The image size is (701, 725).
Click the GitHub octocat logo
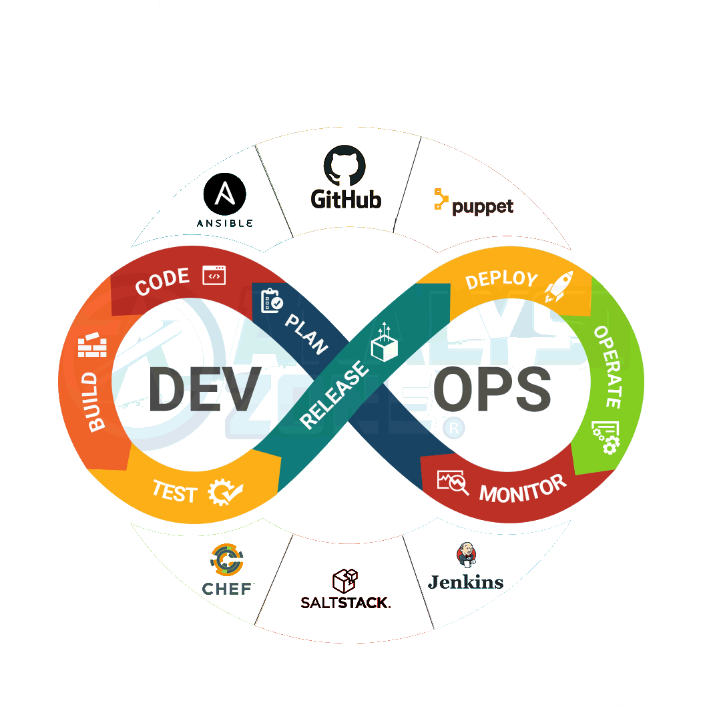coord(345,167)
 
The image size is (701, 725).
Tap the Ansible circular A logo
coord(224,194)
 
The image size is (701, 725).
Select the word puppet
coord(483,206)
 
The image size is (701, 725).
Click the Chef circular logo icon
coord(227,561)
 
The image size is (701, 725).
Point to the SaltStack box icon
coord(345,581)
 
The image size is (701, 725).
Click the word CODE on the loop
coord(163,282)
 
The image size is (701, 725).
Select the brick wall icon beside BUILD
coord(93,346)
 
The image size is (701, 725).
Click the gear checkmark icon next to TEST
coord(224,493)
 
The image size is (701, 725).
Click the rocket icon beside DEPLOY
coord(558,286)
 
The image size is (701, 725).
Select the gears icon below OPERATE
coord(605,437)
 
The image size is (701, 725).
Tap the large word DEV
coord(204,389)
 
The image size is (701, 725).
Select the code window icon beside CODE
coord(214,274)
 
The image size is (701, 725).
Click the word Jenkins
coord(465,582)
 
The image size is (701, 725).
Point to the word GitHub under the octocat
coord(346,198)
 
